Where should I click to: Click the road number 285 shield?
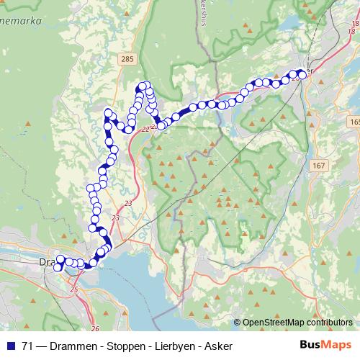click(127, 58)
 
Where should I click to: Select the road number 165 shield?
click(353, 122)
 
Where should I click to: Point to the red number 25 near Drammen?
click(75, 289)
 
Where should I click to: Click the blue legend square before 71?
click(11, 345)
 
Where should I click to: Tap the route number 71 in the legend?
click(30, 345)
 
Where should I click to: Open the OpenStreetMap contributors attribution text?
click(296, 322)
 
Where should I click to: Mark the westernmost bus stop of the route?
click(58, 268)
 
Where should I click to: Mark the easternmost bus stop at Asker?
click(302, 73)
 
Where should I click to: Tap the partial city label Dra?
click(48, 261)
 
